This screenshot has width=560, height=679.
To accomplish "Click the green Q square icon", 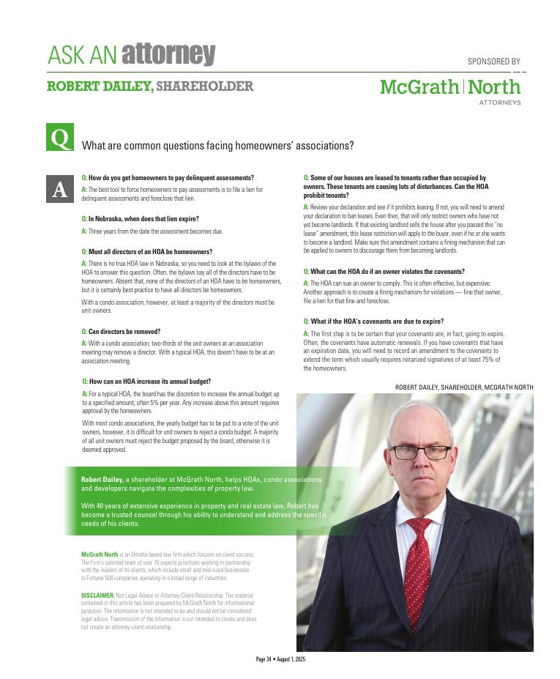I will (x=60, y=138).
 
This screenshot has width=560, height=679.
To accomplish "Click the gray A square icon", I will (x=60, y=189).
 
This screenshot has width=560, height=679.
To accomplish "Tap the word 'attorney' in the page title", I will (x=168, y=54).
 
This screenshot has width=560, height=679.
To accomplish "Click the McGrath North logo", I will (x=449, y=87).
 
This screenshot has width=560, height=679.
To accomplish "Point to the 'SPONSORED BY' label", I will (x=493, y=62).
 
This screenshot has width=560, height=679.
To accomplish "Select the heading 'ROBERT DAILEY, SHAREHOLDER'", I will (x=150, y=86).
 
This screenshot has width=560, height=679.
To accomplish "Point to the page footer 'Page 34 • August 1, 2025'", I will (x=280, y=659).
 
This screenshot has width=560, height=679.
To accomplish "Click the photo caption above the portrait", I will (x=464, y=387).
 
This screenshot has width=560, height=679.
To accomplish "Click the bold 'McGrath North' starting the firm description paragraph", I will (x=100, y=554).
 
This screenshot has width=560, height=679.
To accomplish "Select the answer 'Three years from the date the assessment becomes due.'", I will (x=155, y=231).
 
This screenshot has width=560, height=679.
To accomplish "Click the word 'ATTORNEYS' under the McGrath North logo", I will (x=500, y=103).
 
